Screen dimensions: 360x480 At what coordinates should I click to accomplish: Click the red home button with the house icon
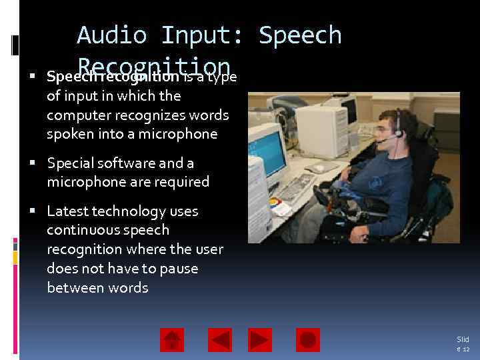171,340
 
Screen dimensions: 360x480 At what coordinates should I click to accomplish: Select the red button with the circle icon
307,340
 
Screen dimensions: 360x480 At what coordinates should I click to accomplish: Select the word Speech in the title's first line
300,35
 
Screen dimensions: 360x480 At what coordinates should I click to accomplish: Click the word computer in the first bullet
75,115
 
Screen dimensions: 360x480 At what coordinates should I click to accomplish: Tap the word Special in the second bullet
71,163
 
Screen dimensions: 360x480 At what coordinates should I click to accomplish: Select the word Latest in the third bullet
69,211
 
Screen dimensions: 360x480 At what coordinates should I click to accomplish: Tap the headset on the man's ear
398,130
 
